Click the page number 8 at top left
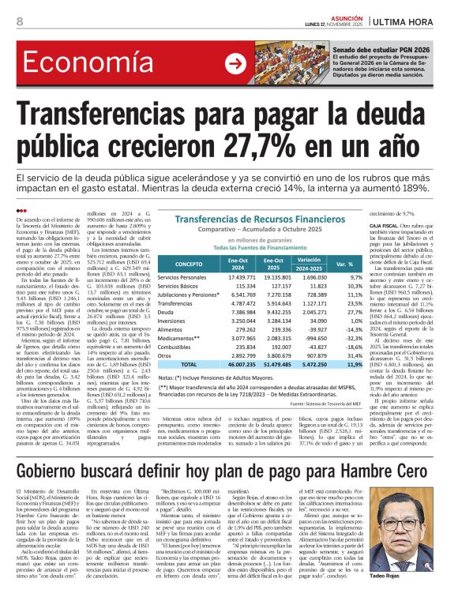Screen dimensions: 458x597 click(x=19, y=21)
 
